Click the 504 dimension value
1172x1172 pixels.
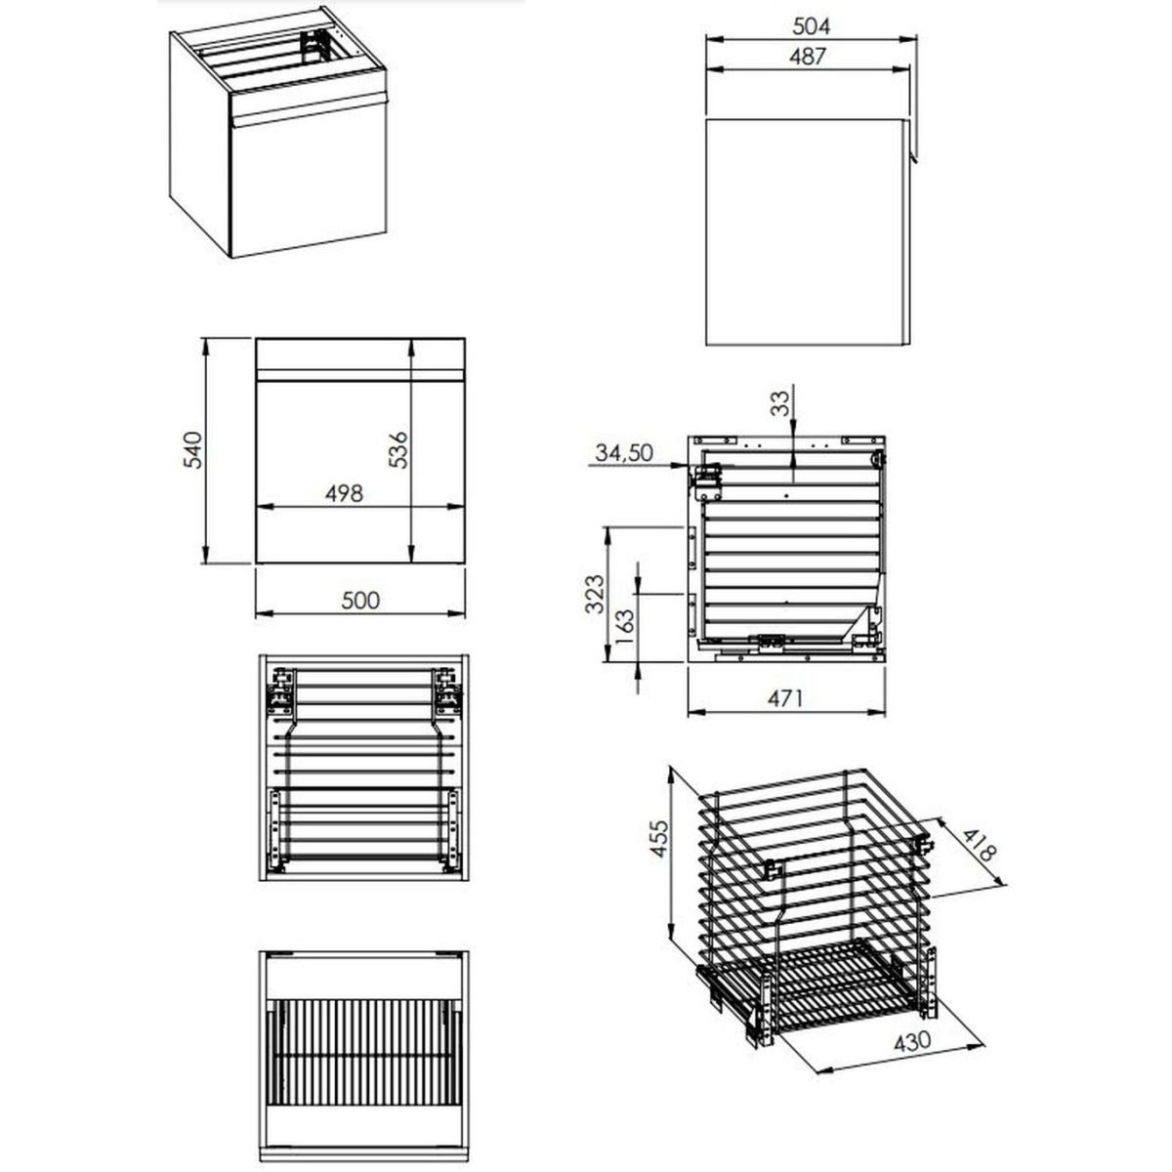pos(812,26)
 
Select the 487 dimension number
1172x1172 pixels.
pos(808,57)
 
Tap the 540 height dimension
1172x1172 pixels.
pos(192,449)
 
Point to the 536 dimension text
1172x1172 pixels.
pos(398,449)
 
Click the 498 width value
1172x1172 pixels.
pos(344,493)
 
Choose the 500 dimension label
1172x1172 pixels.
pos(360,601)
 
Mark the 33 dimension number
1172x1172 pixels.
pos(779,403)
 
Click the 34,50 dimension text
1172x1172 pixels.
pos(624,452)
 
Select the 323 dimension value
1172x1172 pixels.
pos(594,594)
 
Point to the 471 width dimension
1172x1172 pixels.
pos(785,699)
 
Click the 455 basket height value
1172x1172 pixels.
pos(659,839)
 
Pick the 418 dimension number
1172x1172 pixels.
pos(979,845)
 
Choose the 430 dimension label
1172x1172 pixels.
pos(912,1040)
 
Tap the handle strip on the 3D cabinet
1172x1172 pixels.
pos(309,109)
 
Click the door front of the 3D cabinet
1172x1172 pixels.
pos(309,183)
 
